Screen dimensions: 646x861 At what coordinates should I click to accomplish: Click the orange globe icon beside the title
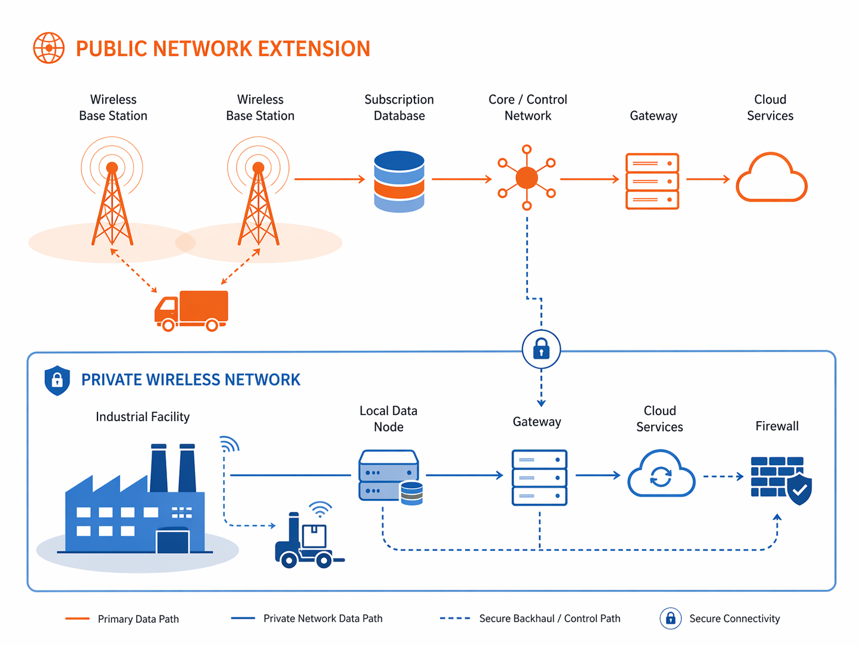click(49, 48)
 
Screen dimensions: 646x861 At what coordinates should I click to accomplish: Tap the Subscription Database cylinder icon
click(399, 181)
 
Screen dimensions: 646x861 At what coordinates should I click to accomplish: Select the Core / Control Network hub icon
click(527, 178)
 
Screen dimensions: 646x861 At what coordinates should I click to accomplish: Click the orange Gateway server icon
click(652, 181)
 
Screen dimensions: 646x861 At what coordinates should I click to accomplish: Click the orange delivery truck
click(191, 311)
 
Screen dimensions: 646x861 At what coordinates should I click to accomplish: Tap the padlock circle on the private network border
click(541, 349)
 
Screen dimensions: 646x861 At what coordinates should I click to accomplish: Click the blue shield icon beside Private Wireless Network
click(57, 380)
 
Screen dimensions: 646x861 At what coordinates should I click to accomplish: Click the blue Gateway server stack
click(539, 478)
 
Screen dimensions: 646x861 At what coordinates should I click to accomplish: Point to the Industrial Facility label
click(143, 417)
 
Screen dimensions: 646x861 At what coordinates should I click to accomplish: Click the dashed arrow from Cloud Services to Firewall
click(723, 476)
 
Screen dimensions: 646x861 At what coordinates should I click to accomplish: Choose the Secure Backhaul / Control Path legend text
click(549, 619)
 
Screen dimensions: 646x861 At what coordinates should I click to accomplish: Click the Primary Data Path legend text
click(138, 619)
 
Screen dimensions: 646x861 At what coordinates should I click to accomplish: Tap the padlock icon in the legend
click(670, 619)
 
